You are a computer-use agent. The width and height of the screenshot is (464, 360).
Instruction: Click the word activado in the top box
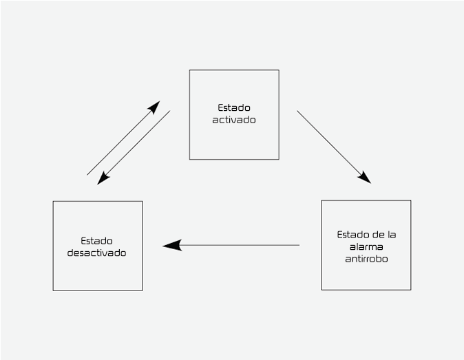click(x=234, y=120)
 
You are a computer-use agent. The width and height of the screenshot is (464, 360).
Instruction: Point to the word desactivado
click(x=97, y=253)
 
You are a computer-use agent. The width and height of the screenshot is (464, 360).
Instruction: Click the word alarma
click(x=366, y=246)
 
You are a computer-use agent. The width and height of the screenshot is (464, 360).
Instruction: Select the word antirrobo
click(x=366, y=259)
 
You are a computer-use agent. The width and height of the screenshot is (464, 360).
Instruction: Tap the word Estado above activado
click(x=234, y=107)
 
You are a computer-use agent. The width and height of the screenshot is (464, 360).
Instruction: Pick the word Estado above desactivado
click(x=97, y=241)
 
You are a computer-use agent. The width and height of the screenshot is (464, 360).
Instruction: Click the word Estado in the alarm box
click(x=353, y=235)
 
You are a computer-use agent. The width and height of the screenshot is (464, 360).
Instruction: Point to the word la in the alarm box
click(x=392, y=235)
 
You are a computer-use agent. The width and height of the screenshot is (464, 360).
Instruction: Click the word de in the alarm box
click(x=378, y=235)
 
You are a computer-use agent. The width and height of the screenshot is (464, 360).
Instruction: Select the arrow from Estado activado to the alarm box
click(x=334, y=147)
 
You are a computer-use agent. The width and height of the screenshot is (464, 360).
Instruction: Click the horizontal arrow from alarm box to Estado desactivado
click(x=231, y=245)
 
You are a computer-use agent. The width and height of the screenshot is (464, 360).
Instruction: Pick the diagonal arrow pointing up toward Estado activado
click(x=124, y=138)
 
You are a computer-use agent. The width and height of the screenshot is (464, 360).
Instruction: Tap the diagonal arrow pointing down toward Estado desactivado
click(x=134, y=147)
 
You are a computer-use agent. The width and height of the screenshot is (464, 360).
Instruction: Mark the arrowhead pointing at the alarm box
click(x=365, y=178)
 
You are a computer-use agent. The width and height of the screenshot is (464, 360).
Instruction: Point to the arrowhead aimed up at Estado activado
click(x=154, y=107)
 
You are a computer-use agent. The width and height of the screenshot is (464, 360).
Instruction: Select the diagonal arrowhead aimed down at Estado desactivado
click(x=103, y=178)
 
